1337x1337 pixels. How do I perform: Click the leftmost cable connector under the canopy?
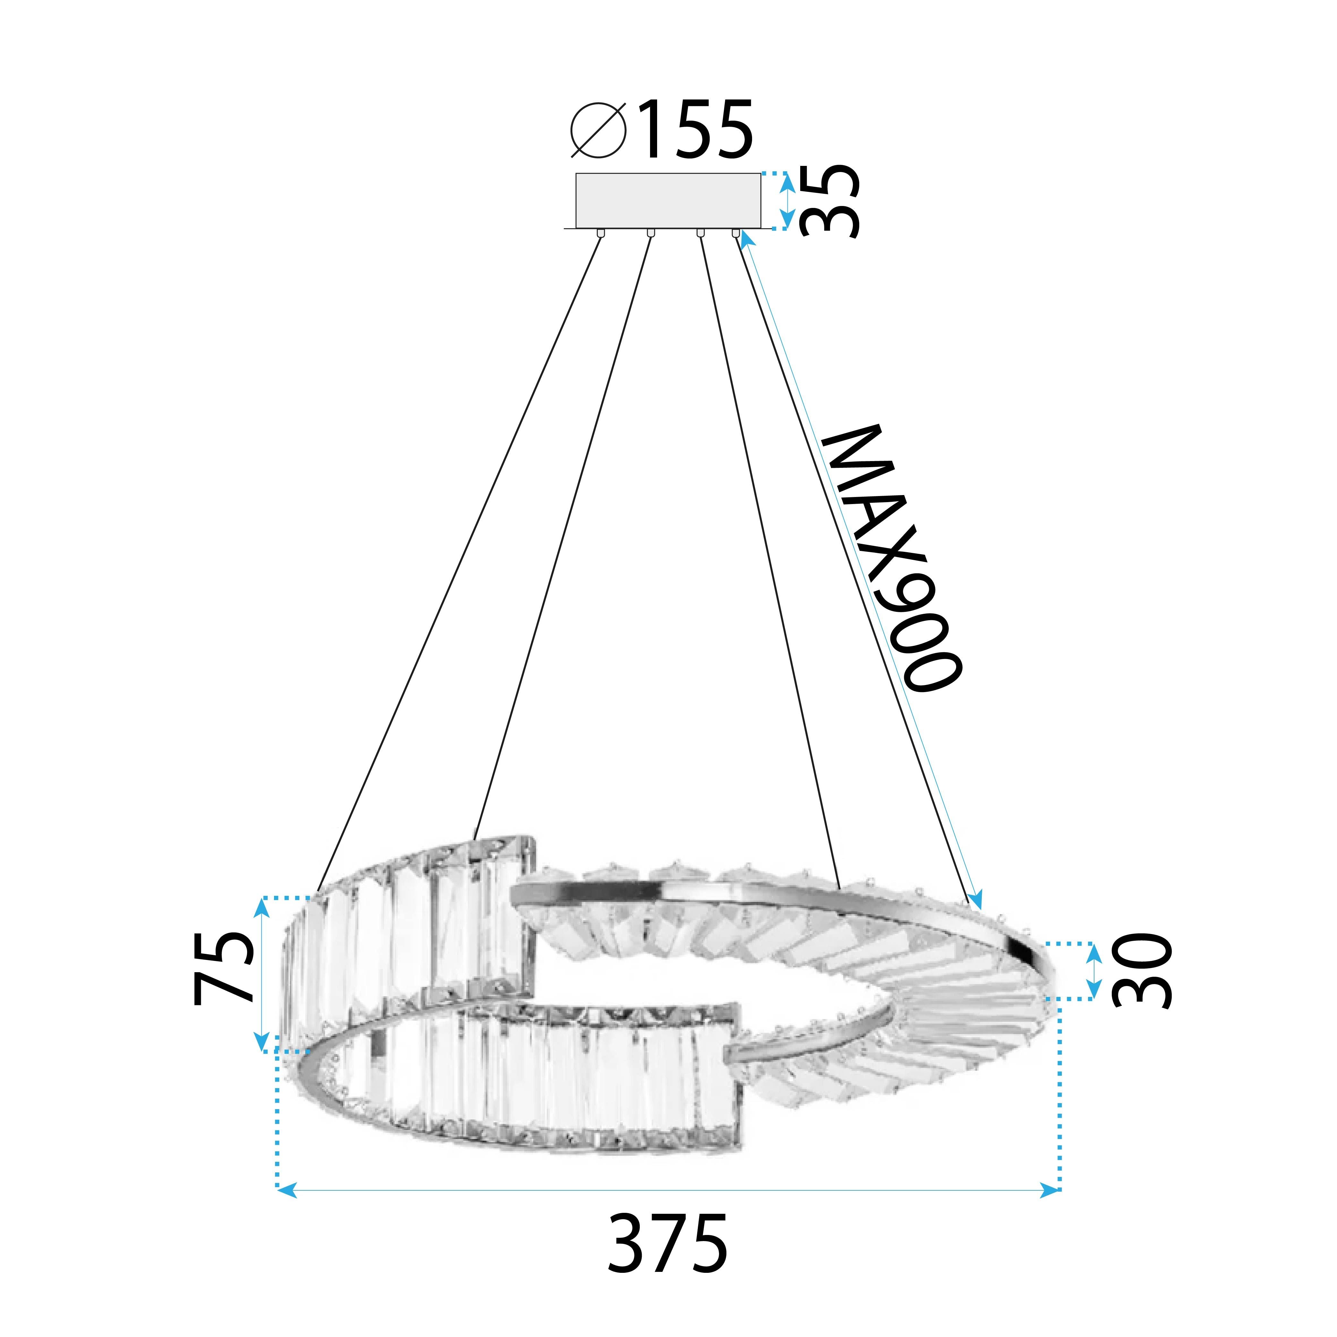pos(600,233)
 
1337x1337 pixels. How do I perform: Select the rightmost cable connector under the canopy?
pos(736,233)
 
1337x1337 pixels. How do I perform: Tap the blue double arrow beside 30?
pos(1093,970)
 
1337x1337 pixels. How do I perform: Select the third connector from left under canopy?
pos(700,233)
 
